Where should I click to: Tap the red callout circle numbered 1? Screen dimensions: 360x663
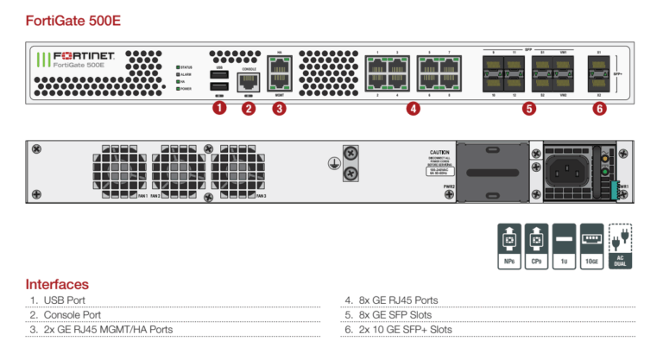(218, 108)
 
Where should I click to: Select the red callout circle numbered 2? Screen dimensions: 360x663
(249, 108)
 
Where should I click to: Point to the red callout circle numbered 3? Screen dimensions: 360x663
(279, 108)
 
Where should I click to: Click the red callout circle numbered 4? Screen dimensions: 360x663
(414, 108)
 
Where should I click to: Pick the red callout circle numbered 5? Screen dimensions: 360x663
(528, 108)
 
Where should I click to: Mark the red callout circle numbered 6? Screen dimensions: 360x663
(599, 108)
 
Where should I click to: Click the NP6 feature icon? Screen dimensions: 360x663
(508, 245)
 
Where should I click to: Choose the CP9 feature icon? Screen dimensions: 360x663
(537, 245)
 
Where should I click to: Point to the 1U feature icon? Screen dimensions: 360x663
(565, 245)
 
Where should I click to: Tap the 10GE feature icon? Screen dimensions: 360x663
(592, 245)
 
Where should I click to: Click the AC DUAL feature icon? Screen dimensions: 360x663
(620, 245)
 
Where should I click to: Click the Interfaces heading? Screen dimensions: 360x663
(57, 284)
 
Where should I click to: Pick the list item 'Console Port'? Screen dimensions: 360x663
(73, 315)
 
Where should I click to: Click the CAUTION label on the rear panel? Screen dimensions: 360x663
(439, 152)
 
